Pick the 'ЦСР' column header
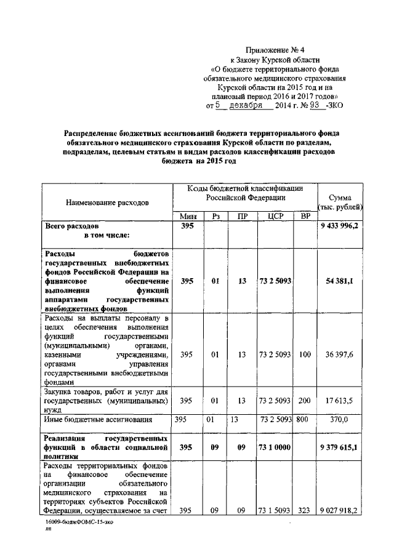tap(275, 216)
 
